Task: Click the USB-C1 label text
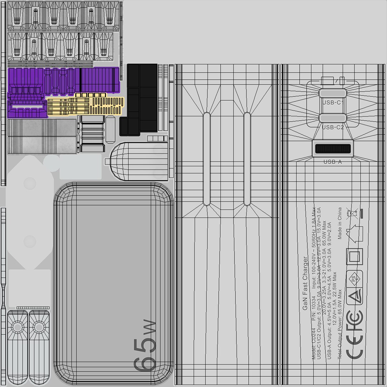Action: [333, 102]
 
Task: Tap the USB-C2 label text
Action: [333, 127]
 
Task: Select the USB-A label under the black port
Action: [333, 162]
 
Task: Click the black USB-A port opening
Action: [333, 149]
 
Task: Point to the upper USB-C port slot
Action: [333, 93]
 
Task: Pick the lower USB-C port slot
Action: [333, 118]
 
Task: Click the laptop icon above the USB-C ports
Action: [327, 80]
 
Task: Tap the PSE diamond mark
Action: [355, 278]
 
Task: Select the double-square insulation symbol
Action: [354, 257]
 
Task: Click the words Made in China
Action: [340, 223]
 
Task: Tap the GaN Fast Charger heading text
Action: [305, 283]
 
